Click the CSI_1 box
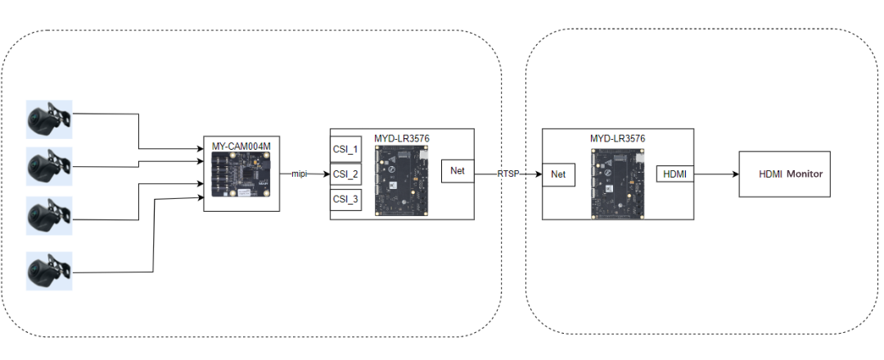(x=345, y=150)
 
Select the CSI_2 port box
(x=345, y=174)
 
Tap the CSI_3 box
(x=345, y=199)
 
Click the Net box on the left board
(x=457, y=170)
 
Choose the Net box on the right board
(x=558, y=174)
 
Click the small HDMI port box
(x=674, y=174)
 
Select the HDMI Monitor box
(x=784, y=173)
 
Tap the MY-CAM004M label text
(x=241, y=146)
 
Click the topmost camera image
(x=49, y=119)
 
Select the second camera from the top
(x=49, y=167)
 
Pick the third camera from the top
(x=49, y=215)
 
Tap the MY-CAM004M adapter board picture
(x=241, y=175)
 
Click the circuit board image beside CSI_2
(x=400, y=179)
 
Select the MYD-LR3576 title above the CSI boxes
(x=401, y=137)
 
